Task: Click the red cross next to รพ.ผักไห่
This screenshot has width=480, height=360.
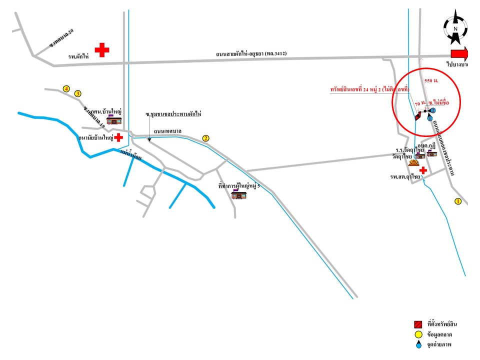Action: tap(102, 49)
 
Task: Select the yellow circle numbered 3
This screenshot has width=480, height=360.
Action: tap(77, 93)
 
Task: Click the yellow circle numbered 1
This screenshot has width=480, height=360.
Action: tap(457, 201)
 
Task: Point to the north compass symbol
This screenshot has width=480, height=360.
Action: tap(455, 29)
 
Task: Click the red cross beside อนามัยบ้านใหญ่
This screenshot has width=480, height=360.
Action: tap(118, 137)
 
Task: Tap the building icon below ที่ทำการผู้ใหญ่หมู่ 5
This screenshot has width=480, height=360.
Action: tap(239, 194)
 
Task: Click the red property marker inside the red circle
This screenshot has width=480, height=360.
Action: tap(418, 116)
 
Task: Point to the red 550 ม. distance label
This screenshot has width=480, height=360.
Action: tap(431, 80)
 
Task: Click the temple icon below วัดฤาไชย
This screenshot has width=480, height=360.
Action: tap(413, 162)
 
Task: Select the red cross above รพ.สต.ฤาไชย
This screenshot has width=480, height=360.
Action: tap(423, 170)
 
